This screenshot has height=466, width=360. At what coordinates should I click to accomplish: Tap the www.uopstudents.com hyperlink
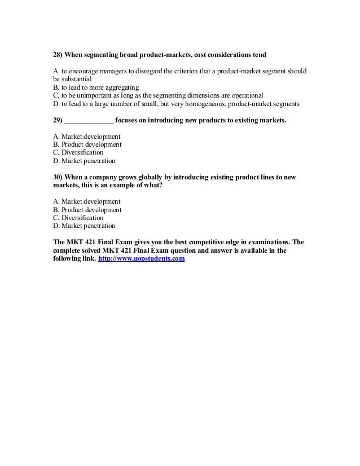coord(142,259)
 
